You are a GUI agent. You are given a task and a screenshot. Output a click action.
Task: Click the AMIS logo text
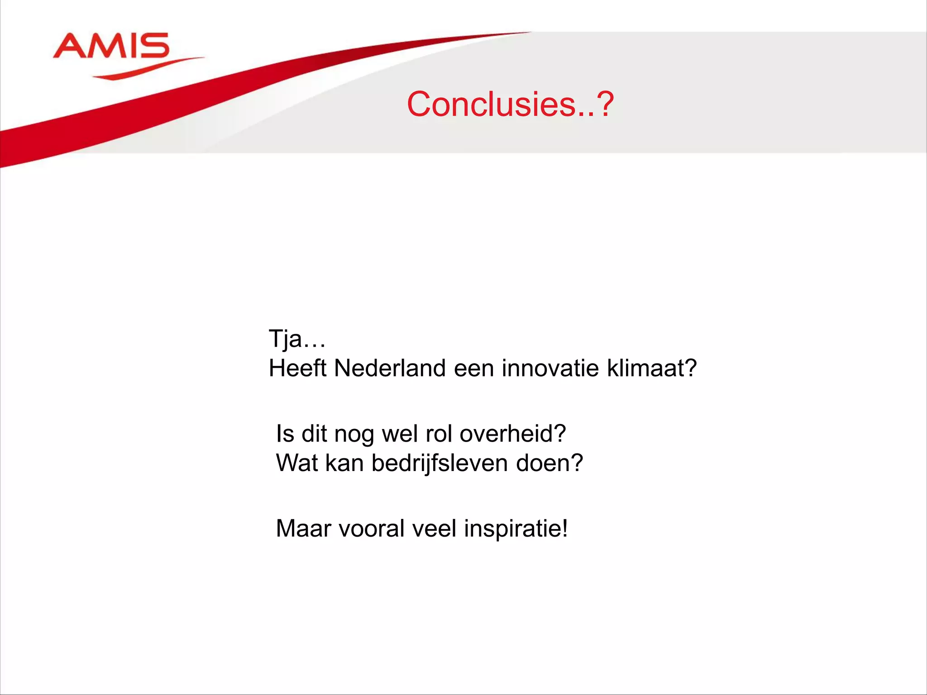click(x=111, y=46)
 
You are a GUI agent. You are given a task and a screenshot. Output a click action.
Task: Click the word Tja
click(x=285, y=338)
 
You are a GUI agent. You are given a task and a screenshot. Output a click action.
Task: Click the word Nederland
click(x=391, y=368)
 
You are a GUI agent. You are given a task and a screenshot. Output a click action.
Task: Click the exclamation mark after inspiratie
click(x=564, y=528)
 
